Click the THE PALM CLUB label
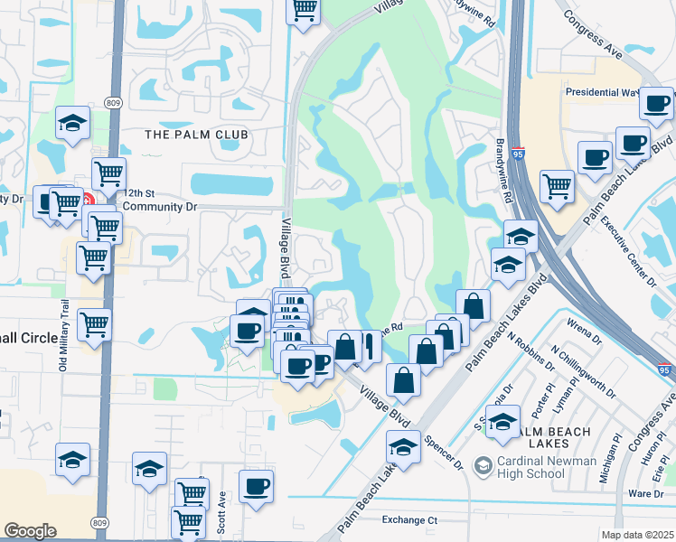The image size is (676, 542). click(x=197, y=135)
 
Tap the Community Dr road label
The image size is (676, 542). click(x=159, y=206)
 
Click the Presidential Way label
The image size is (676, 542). click(x=602, y=92)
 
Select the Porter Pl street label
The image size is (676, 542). click(x=539, y=398)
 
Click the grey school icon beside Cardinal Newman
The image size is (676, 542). click(x=484, y=466)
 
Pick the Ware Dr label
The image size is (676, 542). click(x=645, y=493)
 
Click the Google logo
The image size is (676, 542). click(x=30, y=531)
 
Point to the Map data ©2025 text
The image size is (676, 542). click(x=637, y=535)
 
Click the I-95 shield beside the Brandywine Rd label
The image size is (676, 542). click(x=518, y=155)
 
